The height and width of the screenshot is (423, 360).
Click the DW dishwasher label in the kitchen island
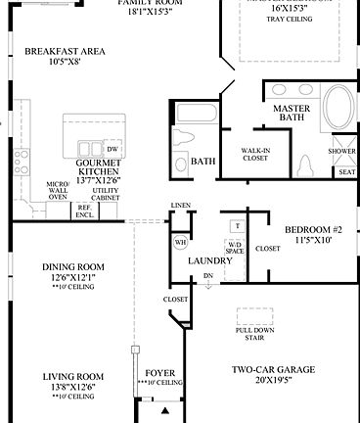pos(112,149)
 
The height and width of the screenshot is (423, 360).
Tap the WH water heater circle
pos(181,242)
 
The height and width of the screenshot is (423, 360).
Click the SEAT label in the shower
pos(345,171)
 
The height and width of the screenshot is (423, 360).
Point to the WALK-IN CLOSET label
pos(255,155)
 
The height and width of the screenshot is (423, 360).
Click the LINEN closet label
pos(179,206)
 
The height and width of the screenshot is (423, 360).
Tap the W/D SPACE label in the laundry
pos(235,247)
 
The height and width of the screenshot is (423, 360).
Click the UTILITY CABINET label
pos(106,195)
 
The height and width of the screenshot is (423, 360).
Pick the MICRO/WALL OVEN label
pos(57,190)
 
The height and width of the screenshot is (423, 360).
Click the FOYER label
pos(159,374)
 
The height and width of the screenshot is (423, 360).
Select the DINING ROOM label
pos(72,267)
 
